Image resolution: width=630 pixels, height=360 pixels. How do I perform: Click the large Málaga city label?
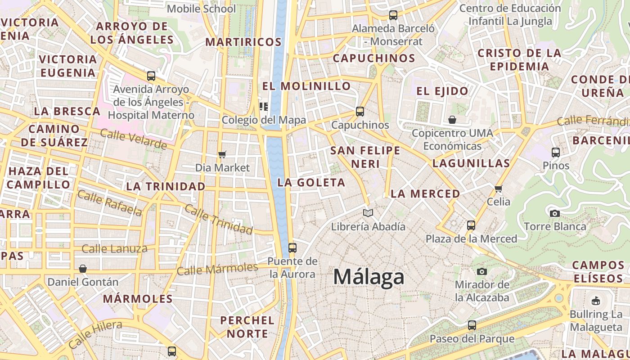(x=369, y=277)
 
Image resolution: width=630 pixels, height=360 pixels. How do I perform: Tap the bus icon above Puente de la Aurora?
(x=292, y=247)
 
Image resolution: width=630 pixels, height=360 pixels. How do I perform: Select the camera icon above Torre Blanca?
(x=555, y=213)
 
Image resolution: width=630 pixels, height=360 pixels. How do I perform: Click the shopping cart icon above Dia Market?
(x=222, y=155)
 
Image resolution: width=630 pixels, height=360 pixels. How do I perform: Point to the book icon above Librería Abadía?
(x=368, y=213)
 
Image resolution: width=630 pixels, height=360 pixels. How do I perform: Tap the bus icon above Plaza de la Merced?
(x=471, y=225)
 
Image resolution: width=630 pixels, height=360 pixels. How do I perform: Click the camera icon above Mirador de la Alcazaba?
(x=482, y=271)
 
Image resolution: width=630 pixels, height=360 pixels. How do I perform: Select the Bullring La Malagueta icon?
(x=596, y=301)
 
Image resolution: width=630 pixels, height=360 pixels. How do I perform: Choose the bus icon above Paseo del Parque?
(x=472, y=325)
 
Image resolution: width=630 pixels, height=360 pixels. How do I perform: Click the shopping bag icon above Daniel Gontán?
(x=83, y=269)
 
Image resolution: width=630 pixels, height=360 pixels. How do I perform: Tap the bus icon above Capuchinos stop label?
(x=360, y=111)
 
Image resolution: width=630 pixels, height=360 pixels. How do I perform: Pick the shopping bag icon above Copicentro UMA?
(x=452, y=120)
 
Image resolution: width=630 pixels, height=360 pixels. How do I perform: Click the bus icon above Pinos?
(x=556, y=153)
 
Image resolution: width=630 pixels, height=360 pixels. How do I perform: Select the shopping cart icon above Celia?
(x=498, y=188)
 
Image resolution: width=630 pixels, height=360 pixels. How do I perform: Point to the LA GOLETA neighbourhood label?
(x=311, y=182)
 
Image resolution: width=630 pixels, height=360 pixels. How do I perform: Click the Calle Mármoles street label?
(x=217, y=269)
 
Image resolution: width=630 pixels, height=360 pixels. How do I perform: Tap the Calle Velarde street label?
(x=133, y=139)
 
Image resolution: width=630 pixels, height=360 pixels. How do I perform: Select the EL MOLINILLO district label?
(x=306, y=86)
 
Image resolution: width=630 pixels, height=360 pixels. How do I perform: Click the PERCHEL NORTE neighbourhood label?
(x=247, y=327)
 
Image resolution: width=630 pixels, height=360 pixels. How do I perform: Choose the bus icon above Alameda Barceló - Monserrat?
(x=393, y=15)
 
